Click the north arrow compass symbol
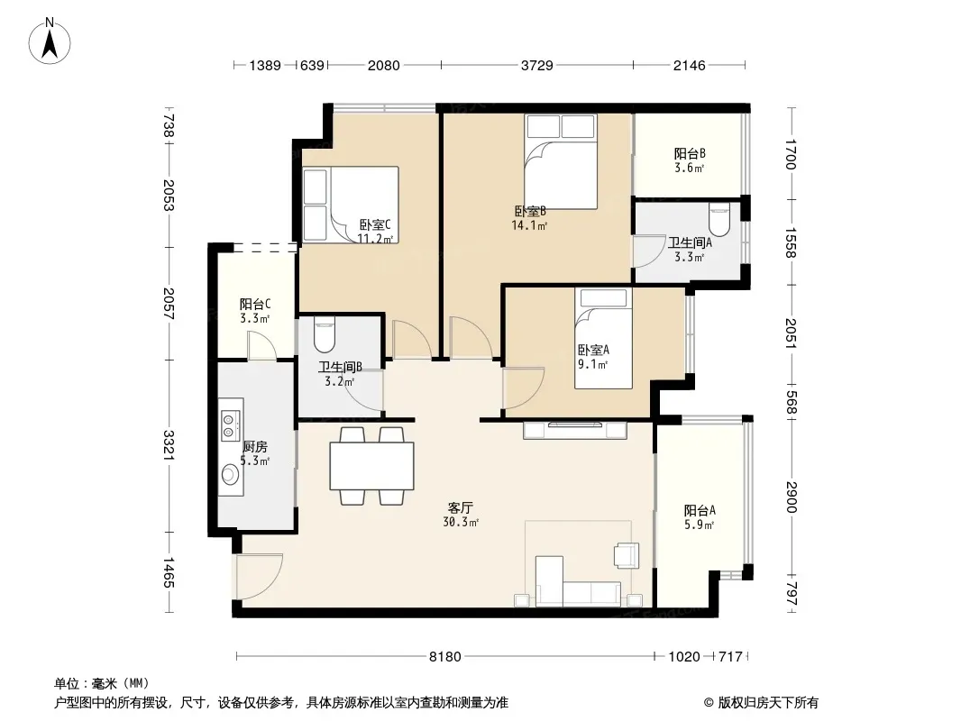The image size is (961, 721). (50, 41)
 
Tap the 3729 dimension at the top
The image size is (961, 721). (537, 65)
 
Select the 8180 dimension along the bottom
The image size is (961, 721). (445, 657)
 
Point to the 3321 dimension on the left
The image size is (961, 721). (169, 445)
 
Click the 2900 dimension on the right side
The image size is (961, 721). (792, 497)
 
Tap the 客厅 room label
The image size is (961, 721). (461, 507)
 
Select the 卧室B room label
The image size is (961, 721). (530, 211)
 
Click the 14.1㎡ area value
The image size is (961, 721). (529, 225)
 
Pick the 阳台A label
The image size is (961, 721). (700, 510)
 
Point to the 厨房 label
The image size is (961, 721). (255, 446)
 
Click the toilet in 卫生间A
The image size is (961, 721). (718, 220)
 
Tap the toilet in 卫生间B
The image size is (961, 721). (325, 332)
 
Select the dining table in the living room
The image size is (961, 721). (372, 466)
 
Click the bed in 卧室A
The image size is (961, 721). (603, 338)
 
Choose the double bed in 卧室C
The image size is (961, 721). (351, 205)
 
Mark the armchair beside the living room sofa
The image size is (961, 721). (627, 554)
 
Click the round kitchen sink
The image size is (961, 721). (231, 474)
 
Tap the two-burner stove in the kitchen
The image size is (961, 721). (230, 426)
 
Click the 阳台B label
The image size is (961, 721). (691, 153)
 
